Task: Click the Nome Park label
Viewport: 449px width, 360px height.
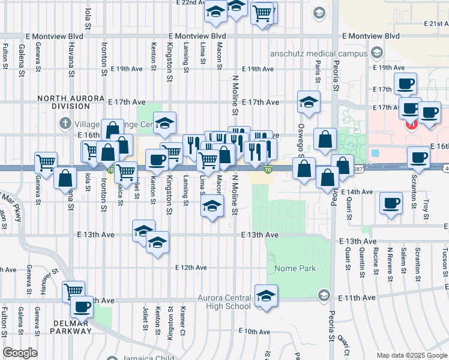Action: point(295,268)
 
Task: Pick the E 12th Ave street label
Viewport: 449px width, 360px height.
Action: point(191,267)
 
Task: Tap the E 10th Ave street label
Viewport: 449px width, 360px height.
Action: point(255,331)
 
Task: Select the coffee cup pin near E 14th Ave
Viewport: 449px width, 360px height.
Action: point(391,202)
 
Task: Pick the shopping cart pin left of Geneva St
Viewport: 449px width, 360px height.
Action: point(46,161)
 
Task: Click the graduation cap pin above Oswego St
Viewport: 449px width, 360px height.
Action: point(308,101)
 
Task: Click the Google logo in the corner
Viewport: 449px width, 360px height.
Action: point(20,353)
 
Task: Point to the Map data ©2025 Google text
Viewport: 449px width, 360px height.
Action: point(411,355)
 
